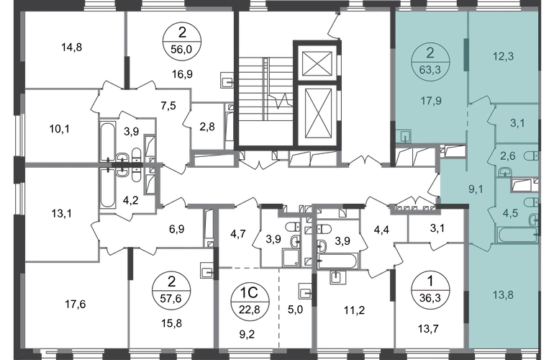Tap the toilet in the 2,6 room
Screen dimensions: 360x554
pos(531,156)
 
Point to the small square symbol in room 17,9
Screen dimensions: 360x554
pos(404,133)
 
